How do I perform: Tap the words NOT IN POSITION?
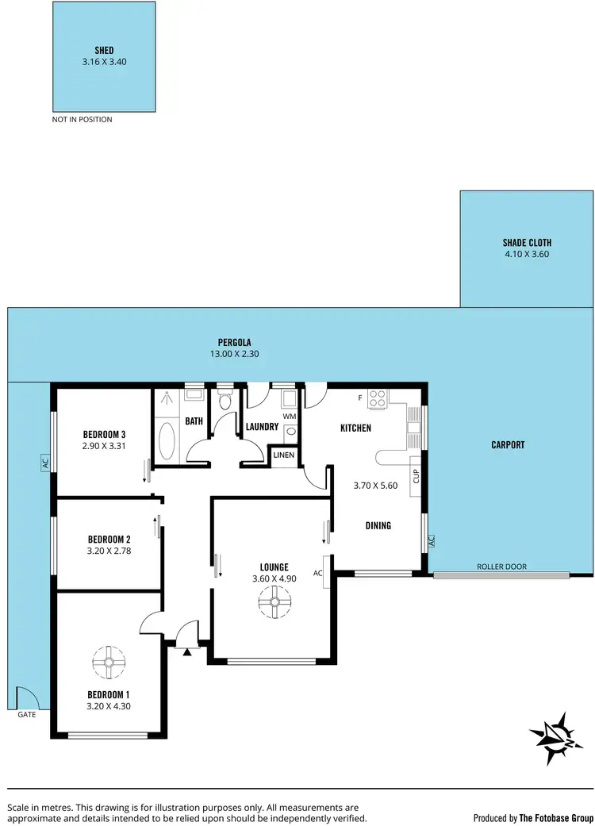[82, 120]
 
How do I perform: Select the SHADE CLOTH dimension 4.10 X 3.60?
[527, 255]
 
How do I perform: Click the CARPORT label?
[508, 445]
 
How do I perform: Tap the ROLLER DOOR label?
[501, 567]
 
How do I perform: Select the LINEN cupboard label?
[284, 455]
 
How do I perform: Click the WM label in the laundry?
[288, 415]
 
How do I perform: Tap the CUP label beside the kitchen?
[416, 477]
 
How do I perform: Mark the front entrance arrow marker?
[186, 652]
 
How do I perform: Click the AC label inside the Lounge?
[317, 573]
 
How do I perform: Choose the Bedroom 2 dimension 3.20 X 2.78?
[109, 549]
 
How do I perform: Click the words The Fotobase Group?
[556, 817]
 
